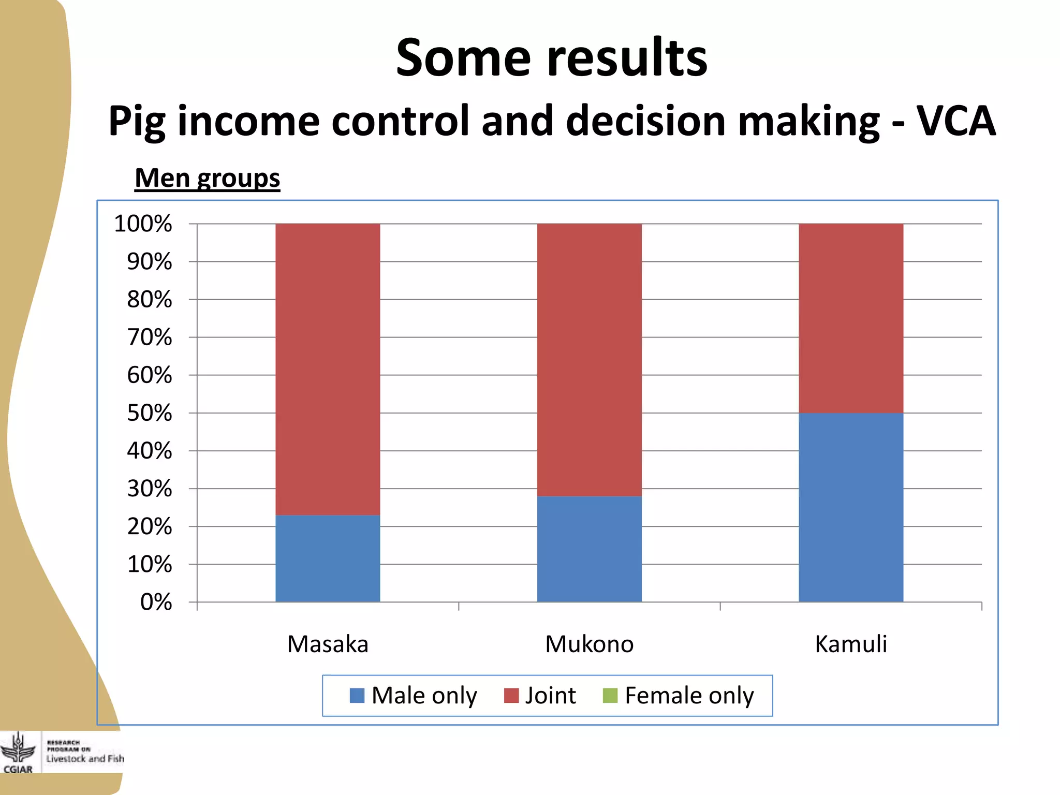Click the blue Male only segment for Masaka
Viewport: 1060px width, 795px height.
(328, 558)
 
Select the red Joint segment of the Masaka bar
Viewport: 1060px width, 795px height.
(328, 369)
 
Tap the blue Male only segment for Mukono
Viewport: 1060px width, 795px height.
(589, 549)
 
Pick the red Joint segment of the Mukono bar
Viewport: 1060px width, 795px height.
(589, 360)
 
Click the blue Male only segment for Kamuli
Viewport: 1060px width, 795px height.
(851, 507)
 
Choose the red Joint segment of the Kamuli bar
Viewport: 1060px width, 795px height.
(851, 318)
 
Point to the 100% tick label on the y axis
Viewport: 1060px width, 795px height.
(143, 224)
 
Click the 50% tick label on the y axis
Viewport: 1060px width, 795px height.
(150, 413)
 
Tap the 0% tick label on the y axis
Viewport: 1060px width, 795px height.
(156, 602)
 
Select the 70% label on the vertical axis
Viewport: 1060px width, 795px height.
(150, 337)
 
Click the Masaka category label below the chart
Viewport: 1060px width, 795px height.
(328, 644)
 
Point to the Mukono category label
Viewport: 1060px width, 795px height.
(589, 644)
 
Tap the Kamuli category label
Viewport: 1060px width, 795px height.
(851, 644)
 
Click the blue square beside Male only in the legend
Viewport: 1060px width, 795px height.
(357, 696)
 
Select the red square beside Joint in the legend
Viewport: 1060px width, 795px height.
(511, 696)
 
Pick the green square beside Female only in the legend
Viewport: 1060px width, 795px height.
(610, 696)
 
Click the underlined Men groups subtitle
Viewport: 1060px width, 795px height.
(207, 179)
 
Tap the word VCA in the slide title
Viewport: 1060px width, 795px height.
(956, 121)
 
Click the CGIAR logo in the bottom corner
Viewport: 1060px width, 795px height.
(18, 753)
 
